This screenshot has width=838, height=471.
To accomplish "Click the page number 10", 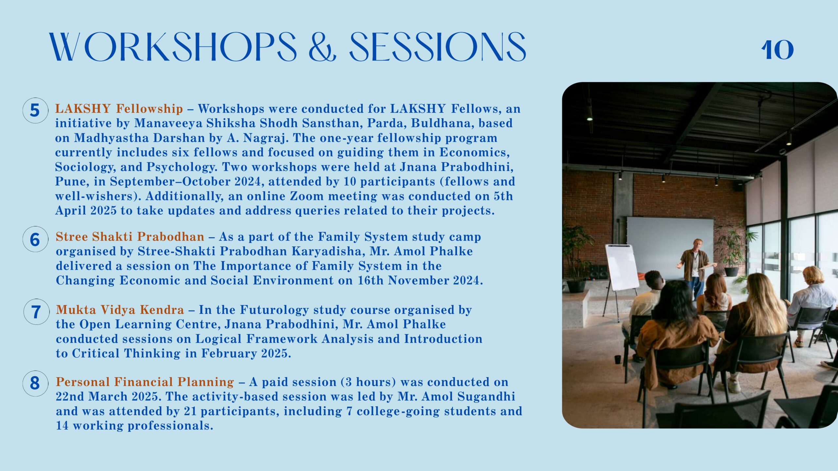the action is pyautogui.click(x=777, y=50).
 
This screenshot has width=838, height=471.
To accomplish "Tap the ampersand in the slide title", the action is pyautogui.click(x=322, y=47).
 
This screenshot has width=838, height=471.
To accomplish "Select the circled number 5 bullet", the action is pyautogui.click(x=35, y=110).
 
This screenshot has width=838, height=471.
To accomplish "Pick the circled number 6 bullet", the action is pyautogui.click(x=35, y=239).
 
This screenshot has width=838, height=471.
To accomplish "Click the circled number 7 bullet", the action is pyautogui.click(x=36, y=312).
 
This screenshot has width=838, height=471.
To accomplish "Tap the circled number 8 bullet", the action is pyautogui.click(x=35, y=383).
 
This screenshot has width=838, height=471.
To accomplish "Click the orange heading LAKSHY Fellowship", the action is pyautogui.click(x=119, y=109).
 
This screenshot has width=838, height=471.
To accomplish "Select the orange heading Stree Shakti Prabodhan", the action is pyautogui.click(x=130, y=236).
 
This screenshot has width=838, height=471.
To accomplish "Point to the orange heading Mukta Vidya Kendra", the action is pyautogui.click(x=120, y=309).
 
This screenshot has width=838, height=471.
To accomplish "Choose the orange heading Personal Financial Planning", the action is pyautogui.click(x=145, y=382).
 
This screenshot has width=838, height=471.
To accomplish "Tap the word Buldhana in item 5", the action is pyautogui.click(x=443, y=123).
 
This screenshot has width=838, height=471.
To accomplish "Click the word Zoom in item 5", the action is pyautogui.click(x=307, y=196).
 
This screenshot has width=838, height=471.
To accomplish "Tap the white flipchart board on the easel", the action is pyautogui.click(x=622, y=267).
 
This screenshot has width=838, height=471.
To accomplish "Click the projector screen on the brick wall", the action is pyautogui.click(x=670, y=245).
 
